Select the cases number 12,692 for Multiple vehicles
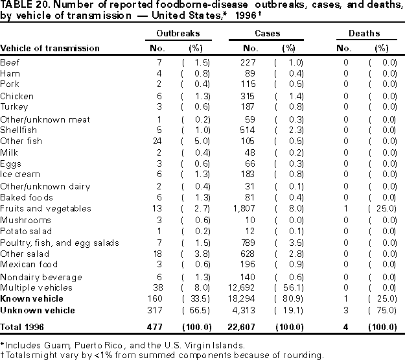(x=247, y=287)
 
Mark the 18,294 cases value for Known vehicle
(x=247, y=298)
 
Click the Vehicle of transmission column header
(x=50, y=48)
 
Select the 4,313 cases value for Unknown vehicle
(x=249, y=310)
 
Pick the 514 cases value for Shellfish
(x=252, y=130)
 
